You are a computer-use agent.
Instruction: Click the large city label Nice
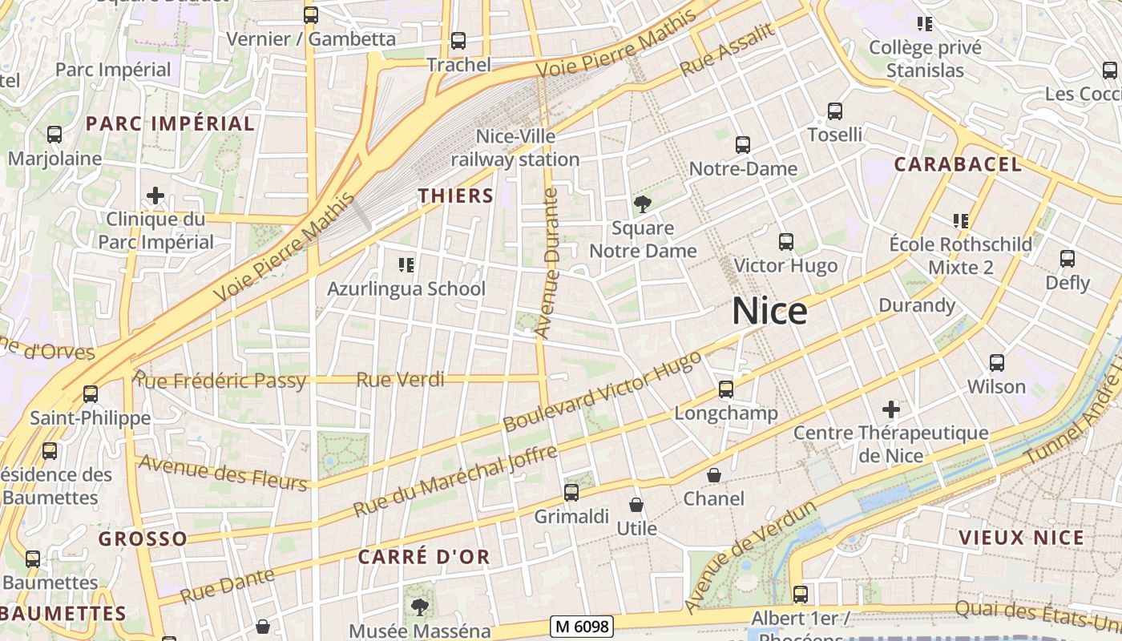769,311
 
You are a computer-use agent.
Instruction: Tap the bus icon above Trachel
458,40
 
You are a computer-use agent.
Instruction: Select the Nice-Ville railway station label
515,148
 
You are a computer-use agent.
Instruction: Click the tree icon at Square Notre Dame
642,204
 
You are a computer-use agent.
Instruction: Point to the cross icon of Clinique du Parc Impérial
155,196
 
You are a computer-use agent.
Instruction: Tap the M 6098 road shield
583,627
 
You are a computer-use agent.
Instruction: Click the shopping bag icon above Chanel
714,475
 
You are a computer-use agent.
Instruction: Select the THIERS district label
456,196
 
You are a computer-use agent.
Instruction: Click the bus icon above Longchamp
726,389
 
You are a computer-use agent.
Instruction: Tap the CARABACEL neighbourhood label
958,165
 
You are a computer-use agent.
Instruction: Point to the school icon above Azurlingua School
406,264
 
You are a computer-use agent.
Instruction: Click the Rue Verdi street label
400,380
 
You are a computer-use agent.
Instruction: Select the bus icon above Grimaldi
571,493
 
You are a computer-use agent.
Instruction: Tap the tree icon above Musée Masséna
419,607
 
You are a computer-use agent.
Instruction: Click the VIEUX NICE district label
1021,538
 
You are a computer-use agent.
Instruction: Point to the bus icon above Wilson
997,363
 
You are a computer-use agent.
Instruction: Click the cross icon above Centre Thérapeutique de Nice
890,410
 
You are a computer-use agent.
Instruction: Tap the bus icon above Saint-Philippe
91,394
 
